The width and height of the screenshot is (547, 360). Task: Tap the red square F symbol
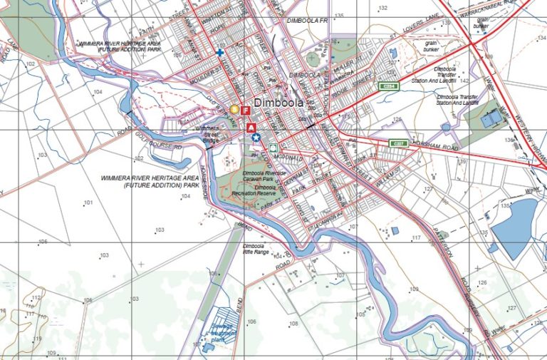pos(245,110)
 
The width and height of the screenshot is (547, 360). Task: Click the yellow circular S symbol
pos(234,109)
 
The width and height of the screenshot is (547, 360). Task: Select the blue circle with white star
pos(255,138)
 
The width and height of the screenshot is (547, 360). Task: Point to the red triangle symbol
pos(251,128)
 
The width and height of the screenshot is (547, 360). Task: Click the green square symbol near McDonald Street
pos(273,147)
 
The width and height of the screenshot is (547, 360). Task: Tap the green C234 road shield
pos(387,86)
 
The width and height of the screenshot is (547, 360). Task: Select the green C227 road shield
pos(399,143)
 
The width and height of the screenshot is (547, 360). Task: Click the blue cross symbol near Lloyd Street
pos(220,52)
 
